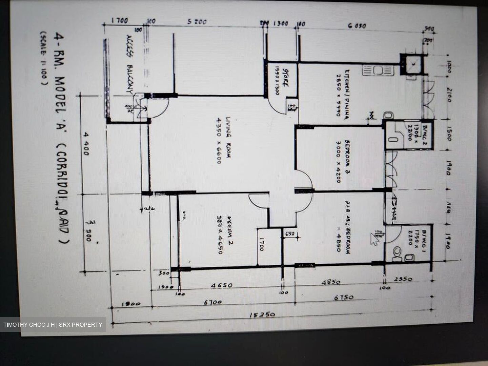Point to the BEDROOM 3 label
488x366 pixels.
click(x=343, y=161)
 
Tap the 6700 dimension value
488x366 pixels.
click(x=213, y=302)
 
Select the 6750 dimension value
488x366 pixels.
click(x=343, y=298)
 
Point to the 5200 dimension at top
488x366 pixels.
click(x=197, y=22)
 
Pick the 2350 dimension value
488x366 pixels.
click(x=403, y=279)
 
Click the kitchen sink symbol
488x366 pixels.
click(x=378, y=70)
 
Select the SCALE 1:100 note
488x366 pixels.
click(x=43, y=58)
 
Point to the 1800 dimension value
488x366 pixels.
click(x=131, y=304)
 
